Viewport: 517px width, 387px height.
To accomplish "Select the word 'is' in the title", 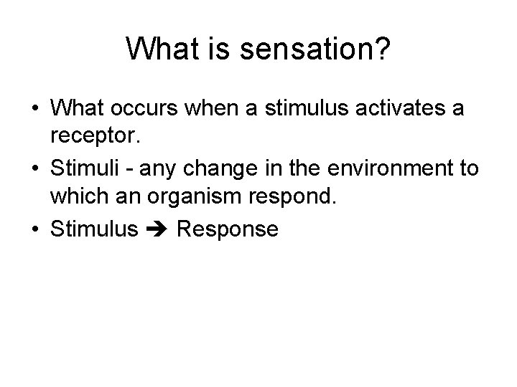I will (211, 49).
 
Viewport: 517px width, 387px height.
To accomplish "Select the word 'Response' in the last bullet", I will (227, 230).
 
